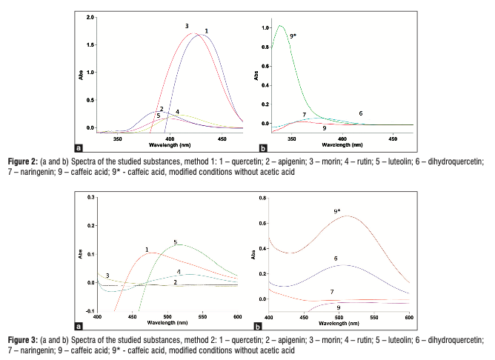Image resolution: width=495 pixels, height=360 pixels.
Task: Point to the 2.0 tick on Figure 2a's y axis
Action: (x=90, y=17)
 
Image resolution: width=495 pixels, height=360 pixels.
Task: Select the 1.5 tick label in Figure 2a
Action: (x=90, y=44)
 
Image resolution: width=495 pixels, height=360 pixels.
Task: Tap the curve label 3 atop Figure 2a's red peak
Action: (x=187, y=26)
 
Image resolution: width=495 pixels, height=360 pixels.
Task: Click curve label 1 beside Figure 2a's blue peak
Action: (x=206, y=30)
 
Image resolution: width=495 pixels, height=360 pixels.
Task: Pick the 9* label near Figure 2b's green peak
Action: (x=293, y=35)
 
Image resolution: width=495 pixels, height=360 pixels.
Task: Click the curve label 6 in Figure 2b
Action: (x=360, y=113)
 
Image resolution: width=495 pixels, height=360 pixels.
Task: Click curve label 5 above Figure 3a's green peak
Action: (x=175, y=242)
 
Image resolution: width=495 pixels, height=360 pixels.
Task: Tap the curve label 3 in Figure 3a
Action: (x=108, y=276)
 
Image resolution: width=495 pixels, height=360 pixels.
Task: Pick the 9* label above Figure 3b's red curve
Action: (x=337, y=211)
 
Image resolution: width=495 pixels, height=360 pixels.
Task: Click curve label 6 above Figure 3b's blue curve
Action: (x=336, y=259)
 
